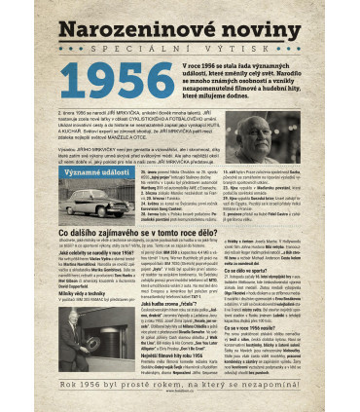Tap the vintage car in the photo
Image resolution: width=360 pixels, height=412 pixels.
pos(99,203)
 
